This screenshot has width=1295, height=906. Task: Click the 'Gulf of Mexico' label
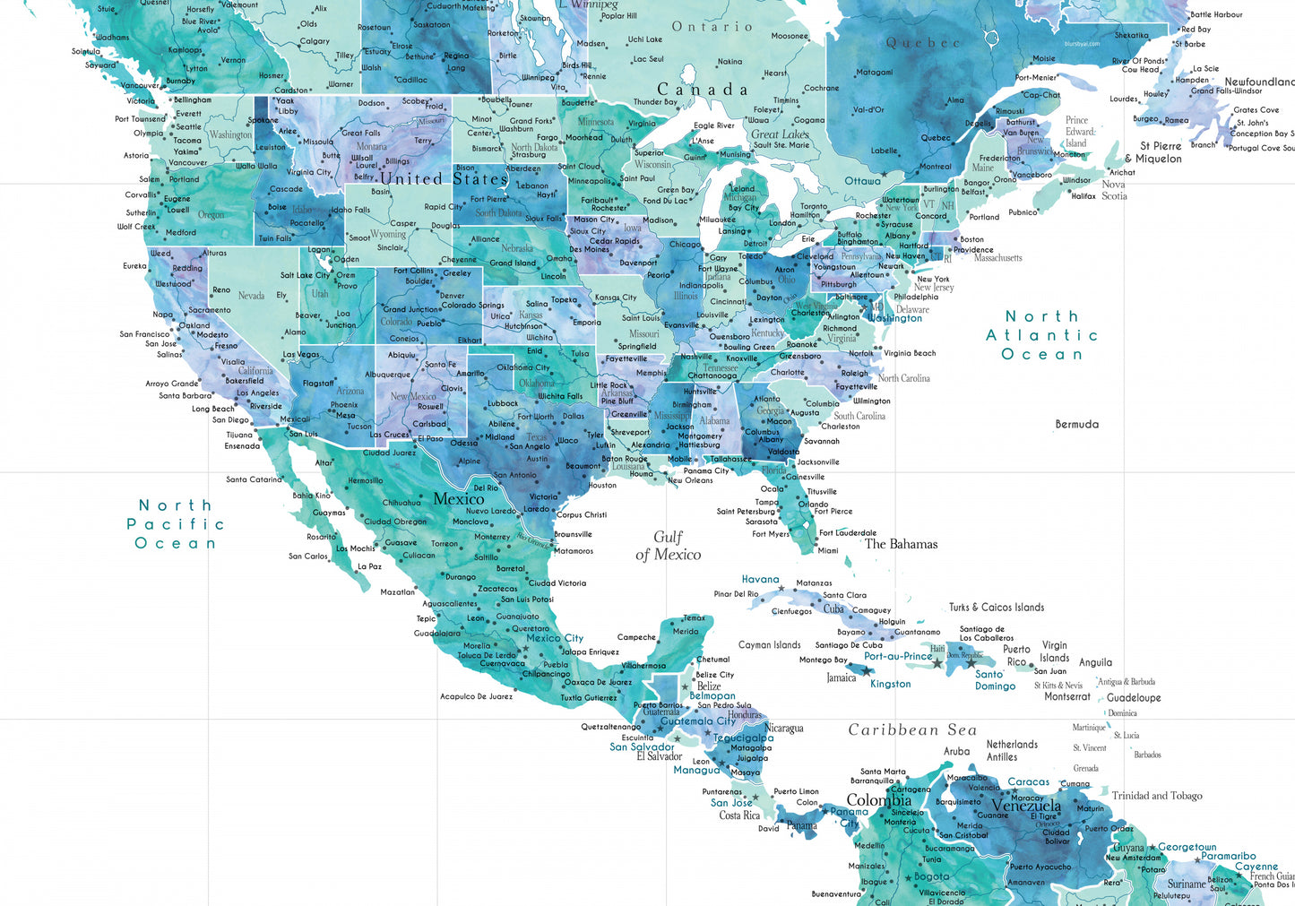click(x=669, y=546)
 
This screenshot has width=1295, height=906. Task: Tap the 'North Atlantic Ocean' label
click(x=1041, y=335)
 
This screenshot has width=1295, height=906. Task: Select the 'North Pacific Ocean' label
click(x=176, y=524)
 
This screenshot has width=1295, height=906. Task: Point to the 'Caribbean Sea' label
click(x=912, y=730)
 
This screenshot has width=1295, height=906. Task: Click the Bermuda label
click(x=1076, y=425)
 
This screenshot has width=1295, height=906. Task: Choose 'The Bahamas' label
click(x=901, y=544)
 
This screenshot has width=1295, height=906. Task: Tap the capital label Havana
click(x=760, y=580)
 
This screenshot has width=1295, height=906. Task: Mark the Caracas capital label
click(x=1028, y=782)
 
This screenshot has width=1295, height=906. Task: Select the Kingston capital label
click(x=890, y=684)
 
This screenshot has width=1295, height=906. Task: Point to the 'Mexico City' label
click(x=555, y=638)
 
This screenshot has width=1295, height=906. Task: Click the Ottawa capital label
click(x=862, y=181)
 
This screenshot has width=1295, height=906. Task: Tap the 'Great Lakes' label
click(x=780, y=134)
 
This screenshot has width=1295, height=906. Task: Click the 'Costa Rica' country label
click(x=739, y=815)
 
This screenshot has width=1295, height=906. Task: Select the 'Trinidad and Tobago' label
click(x=1156, y=796)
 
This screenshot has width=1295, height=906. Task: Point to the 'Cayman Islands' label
click(x=769, y=645)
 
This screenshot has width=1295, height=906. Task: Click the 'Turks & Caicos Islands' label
click(x=997, y=608)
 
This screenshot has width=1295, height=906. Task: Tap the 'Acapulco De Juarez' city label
click(x=476, y=696)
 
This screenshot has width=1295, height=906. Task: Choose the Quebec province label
click(x=922, y=43)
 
